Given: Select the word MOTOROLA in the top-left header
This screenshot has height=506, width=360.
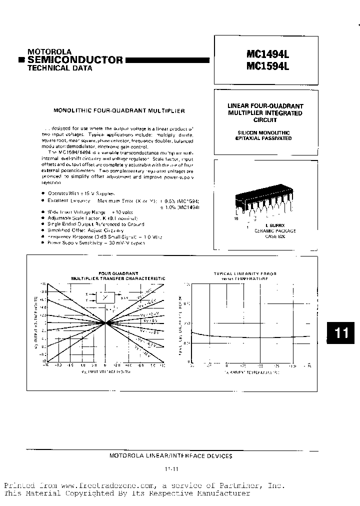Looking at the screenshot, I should (x=49, y=51).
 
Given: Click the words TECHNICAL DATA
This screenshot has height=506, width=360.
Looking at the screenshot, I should (x=59, y=68).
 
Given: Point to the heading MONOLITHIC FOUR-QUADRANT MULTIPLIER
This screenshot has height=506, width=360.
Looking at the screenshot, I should (x=119, y=109).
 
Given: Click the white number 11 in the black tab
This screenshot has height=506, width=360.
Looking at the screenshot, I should (x=341, y=333).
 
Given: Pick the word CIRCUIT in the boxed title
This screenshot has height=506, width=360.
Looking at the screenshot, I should (x=265, y=120).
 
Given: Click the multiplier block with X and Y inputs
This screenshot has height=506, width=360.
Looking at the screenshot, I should (x=105, y=297).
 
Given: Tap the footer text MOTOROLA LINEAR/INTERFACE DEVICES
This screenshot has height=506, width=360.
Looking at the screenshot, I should (x=170, y=455).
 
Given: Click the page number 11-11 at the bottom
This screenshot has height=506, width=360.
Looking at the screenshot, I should (x=170, y=469).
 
